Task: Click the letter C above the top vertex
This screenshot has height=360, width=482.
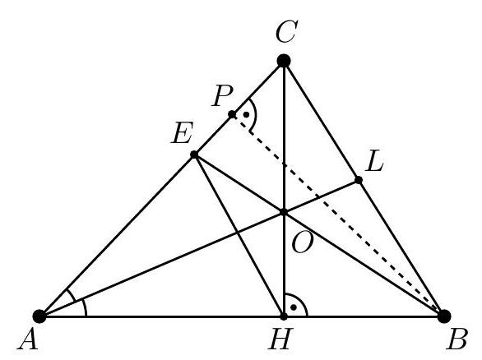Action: [x=286, y=31]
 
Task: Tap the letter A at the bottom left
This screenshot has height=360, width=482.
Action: [x=28, y=339]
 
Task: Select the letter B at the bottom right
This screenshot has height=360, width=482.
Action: [x=457, y=339]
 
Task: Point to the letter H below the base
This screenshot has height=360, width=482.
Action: [x=280, y=339]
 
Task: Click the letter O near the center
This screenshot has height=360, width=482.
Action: [x=303, y=242]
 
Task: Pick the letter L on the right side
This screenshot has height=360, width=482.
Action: [x=374, y=161]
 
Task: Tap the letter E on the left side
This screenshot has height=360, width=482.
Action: [x=183, y=132]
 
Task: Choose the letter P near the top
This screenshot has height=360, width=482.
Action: [x=222, y=95]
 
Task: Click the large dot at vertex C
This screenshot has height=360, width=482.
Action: [x=284, y=61]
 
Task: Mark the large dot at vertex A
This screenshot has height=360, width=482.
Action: [x=39, y=316]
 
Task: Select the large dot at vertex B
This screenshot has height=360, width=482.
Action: [x=444, y=316]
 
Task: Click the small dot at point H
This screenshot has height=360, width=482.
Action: [x=284, y=316]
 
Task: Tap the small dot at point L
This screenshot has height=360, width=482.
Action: [x=358, y=180]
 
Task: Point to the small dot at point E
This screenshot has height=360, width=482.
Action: [x=194, y=155]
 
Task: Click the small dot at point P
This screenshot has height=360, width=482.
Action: [x=232, y=114]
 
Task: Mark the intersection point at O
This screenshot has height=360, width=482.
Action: [x=284, y=212]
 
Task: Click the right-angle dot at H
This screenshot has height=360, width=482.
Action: [x=294, y=307]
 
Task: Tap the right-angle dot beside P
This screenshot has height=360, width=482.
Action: [x=246, y=114]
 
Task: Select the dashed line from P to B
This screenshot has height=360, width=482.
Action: [x=338, y=215]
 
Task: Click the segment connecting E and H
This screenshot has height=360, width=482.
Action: [x=239, y=235]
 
